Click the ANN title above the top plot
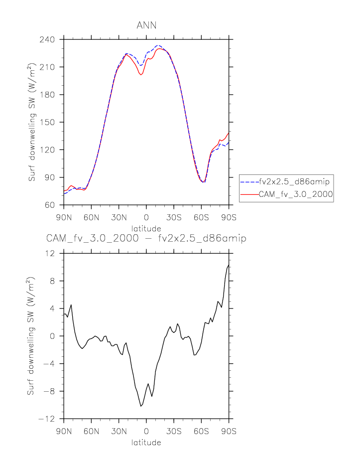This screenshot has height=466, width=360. tap(146, 25)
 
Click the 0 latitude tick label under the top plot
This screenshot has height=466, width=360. tap(146, 217)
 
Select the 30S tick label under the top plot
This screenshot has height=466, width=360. tap(174, 217)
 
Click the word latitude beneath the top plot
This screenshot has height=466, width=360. tap(146, 229)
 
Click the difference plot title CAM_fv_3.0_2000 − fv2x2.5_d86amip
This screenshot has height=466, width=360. tap(146, 238)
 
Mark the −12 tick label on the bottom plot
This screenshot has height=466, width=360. tap(51, 419)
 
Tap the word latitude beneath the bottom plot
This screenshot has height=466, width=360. tap(146, 443)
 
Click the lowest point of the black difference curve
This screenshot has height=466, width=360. tap(141, 406)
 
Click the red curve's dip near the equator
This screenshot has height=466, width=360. tap(141, 75)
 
